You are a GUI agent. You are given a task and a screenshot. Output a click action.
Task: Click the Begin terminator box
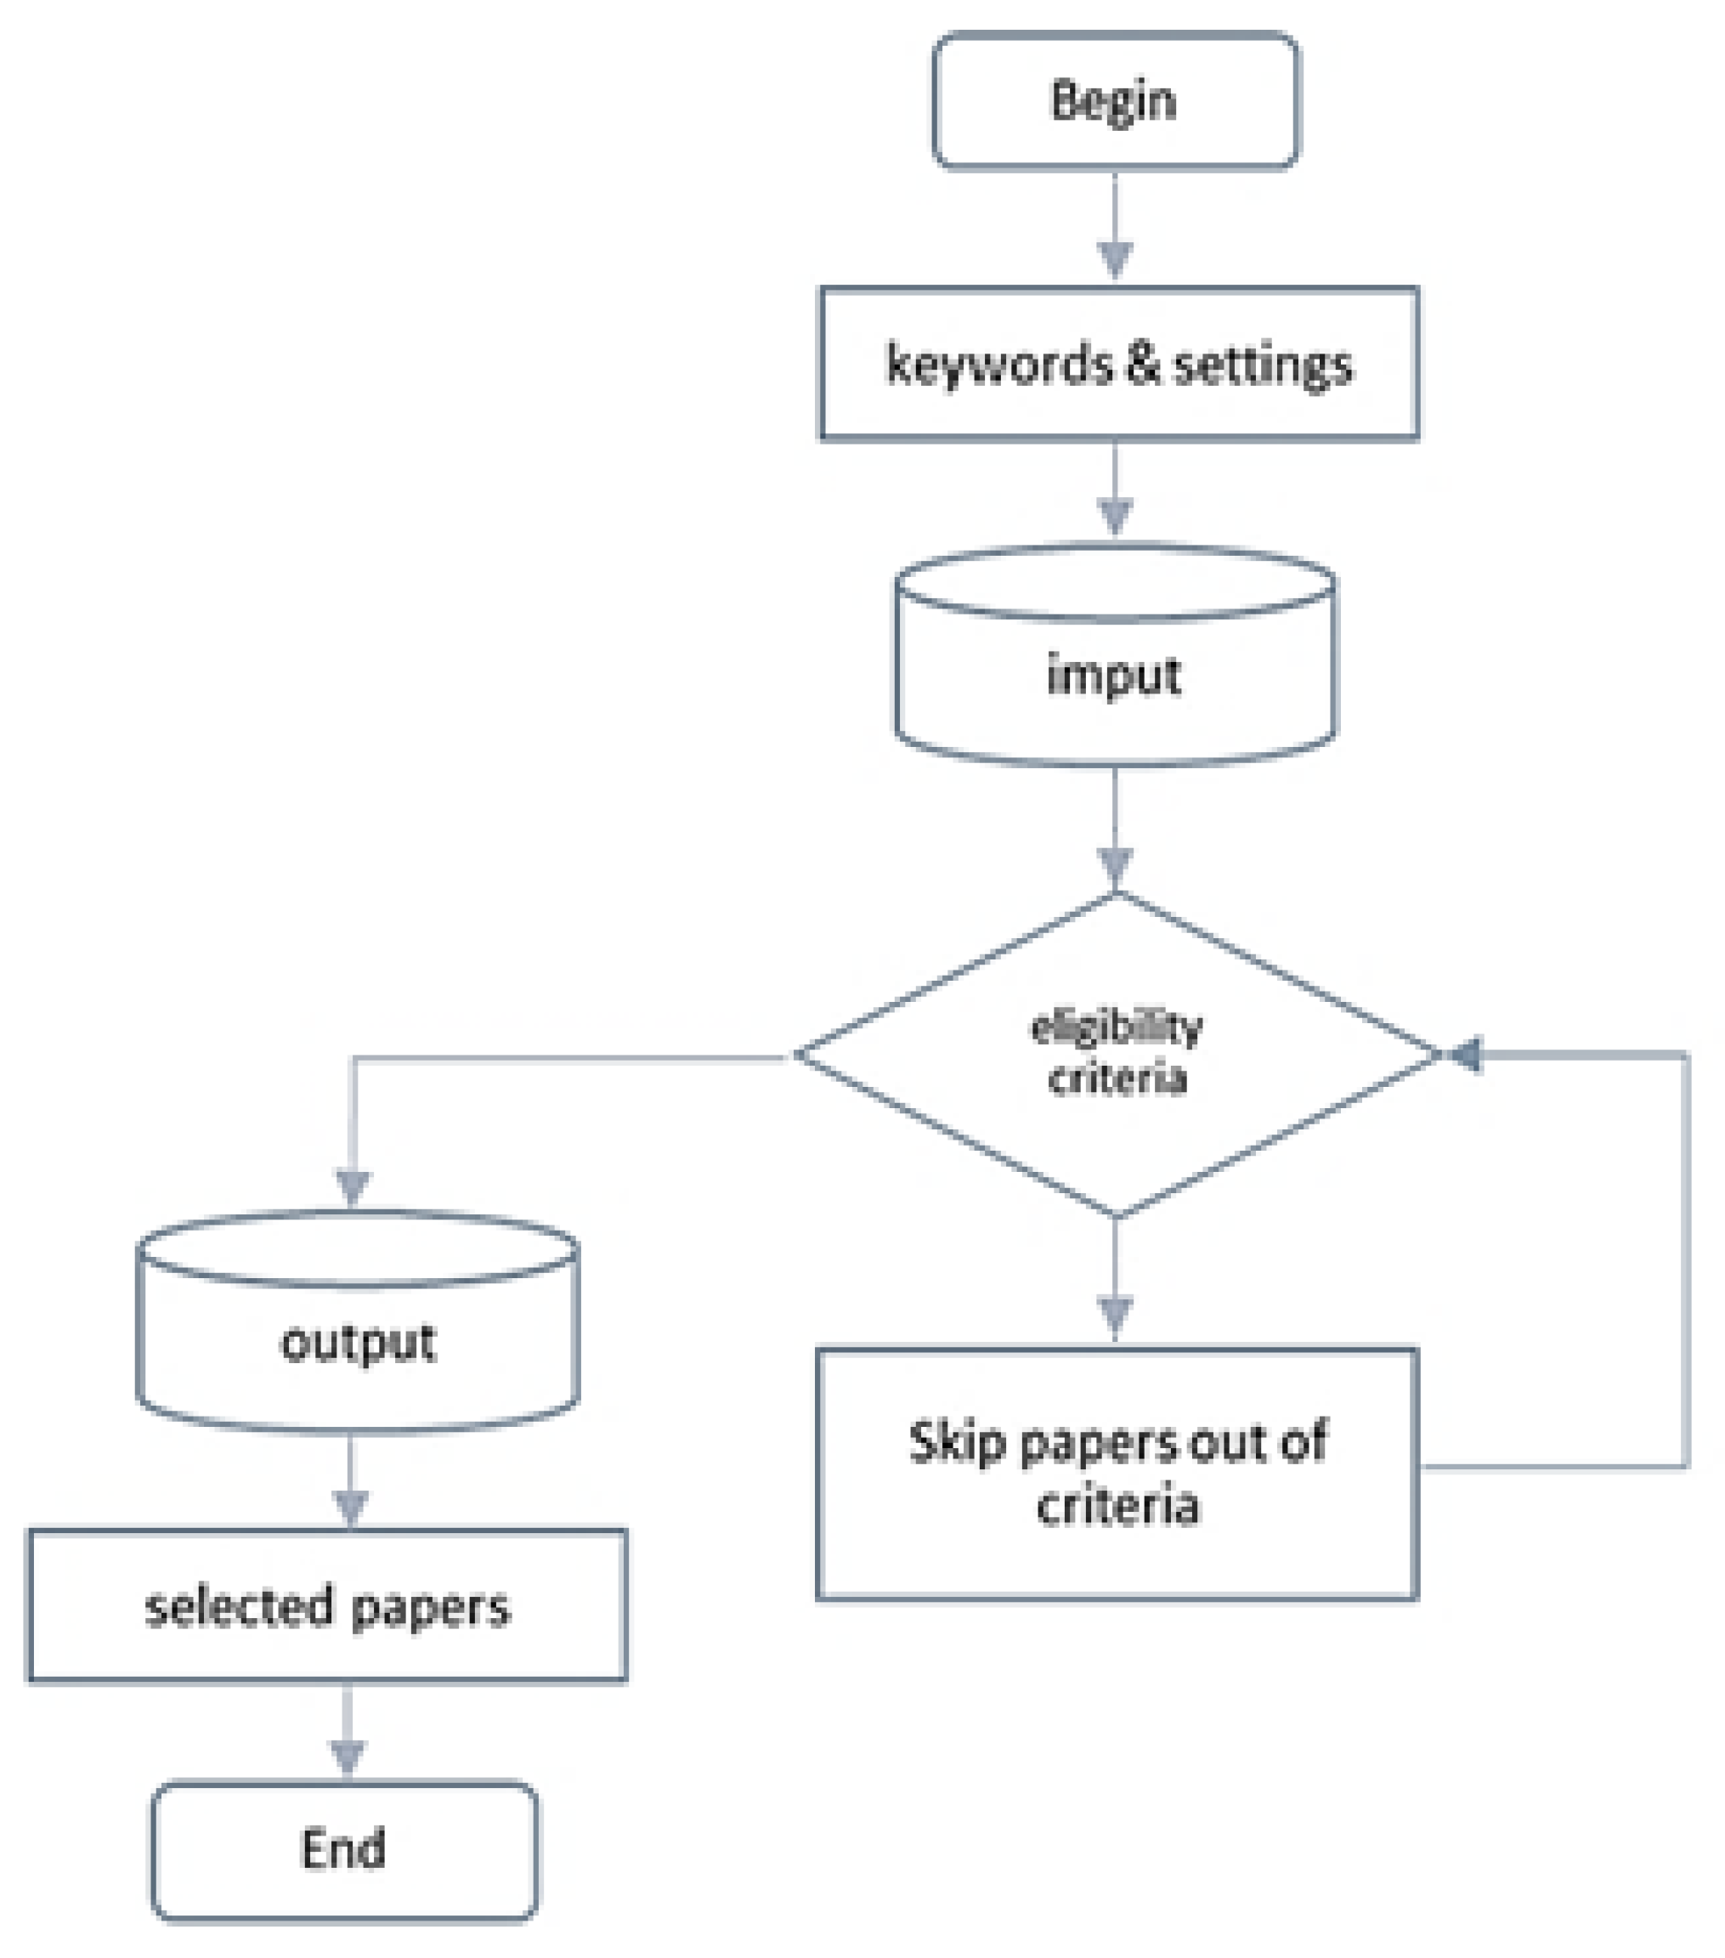coord(1115,100)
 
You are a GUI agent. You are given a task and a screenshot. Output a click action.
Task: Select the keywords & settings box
coord(1117,364)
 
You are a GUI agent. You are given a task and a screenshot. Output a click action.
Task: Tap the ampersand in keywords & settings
coord(1142,364)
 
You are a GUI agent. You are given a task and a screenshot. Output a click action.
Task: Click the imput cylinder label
coord(1113,676)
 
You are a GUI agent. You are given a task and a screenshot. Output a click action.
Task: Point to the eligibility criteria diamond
coord(1116,1054)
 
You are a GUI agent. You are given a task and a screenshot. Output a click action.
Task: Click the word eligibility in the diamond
coord(1116,1027)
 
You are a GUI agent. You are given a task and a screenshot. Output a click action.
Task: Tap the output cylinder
coord(357,1341)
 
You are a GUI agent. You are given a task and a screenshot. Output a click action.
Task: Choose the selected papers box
coord(327,1606)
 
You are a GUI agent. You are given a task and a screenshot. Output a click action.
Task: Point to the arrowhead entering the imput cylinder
coord(1115,515)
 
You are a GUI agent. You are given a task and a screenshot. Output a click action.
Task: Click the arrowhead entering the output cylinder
coord(353,1188)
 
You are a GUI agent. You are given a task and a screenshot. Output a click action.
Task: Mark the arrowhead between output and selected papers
coord(351,1506)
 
